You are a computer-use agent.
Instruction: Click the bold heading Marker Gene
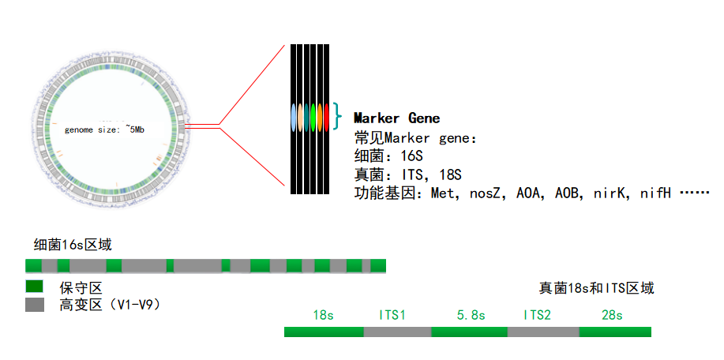point(396,118)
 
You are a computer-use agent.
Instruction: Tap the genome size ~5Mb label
point(104,129)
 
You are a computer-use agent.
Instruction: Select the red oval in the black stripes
point(326,117)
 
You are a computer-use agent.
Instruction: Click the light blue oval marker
point(293,117)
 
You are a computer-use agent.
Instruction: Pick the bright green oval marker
point(313,117)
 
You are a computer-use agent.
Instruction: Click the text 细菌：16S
point(388,156)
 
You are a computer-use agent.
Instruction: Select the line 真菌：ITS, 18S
point(408,174)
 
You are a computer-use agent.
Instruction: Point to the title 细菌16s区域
point(73,245)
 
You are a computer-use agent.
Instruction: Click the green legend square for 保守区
point(35,286)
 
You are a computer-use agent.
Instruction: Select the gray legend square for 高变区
point(35,305)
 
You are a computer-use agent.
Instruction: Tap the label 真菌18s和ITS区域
point(597,288)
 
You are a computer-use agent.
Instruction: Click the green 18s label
point(323,316)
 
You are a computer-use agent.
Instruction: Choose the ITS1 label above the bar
point(392,316)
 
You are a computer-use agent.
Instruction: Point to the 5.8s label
point(471,316)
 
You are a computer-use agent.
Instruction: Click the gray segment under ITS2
point(543,332)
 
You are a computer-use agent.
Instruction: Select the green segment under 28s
point(615,332)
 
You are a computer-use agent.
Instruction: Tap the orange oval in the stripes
point(320,117)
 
